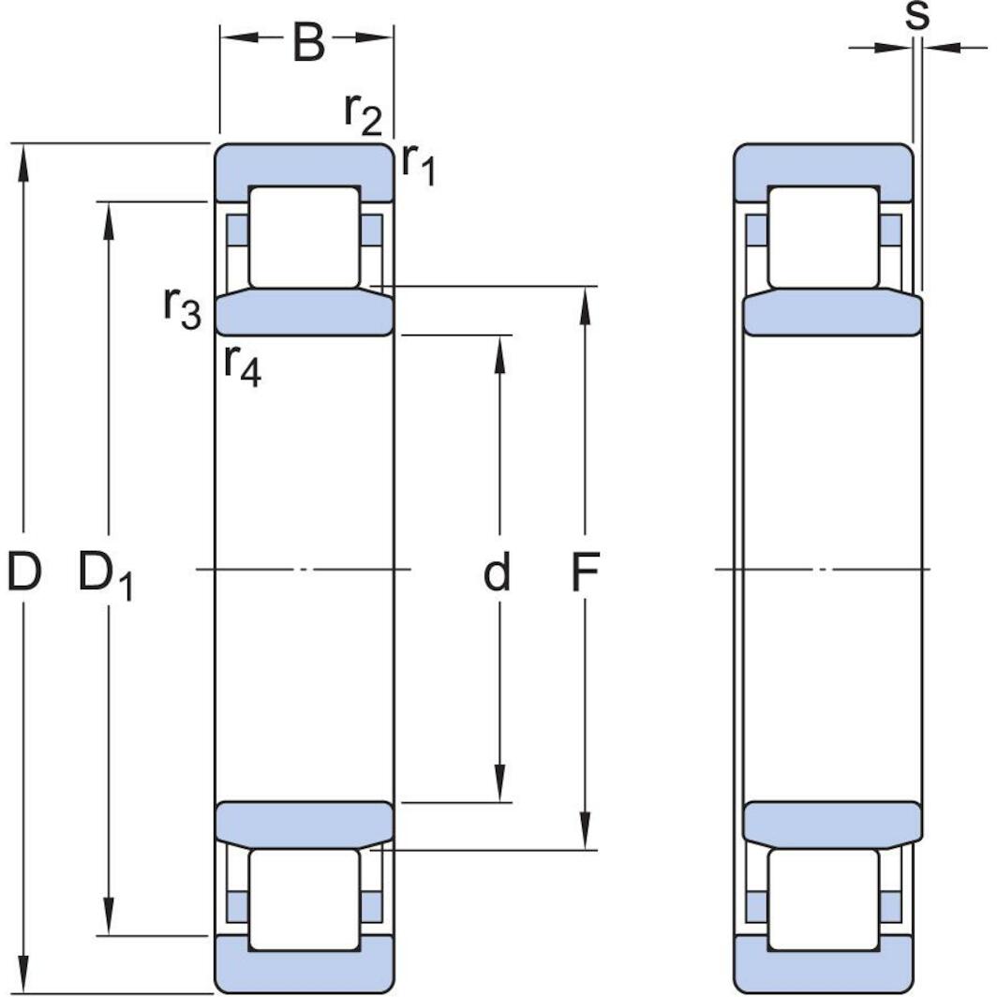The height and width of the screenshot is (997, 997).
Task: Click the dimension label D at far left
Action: (x=23, y=572)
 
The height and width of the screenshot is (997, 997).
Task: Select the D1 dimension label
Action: (x=105, y=574)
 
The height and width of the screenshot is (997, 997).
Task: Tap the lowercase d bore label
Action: (x=497, y=573)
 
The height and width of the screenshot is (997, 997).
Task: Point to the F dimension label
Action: (x=585, y=573)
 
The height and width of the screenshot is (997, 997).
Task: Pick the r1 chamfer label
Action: (x=419, y=165)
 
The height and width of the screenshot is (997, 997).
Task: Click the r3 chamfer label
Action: (x=182, y=307)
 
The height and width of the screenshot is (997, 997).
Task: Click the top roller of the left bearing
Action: (x=305, y=237)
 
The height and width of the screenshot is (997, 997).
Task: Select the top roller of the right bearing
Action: (x=824, y=237)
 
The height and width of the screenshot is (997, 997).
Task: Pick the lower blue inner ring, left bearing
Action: (x=305, y=824)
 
